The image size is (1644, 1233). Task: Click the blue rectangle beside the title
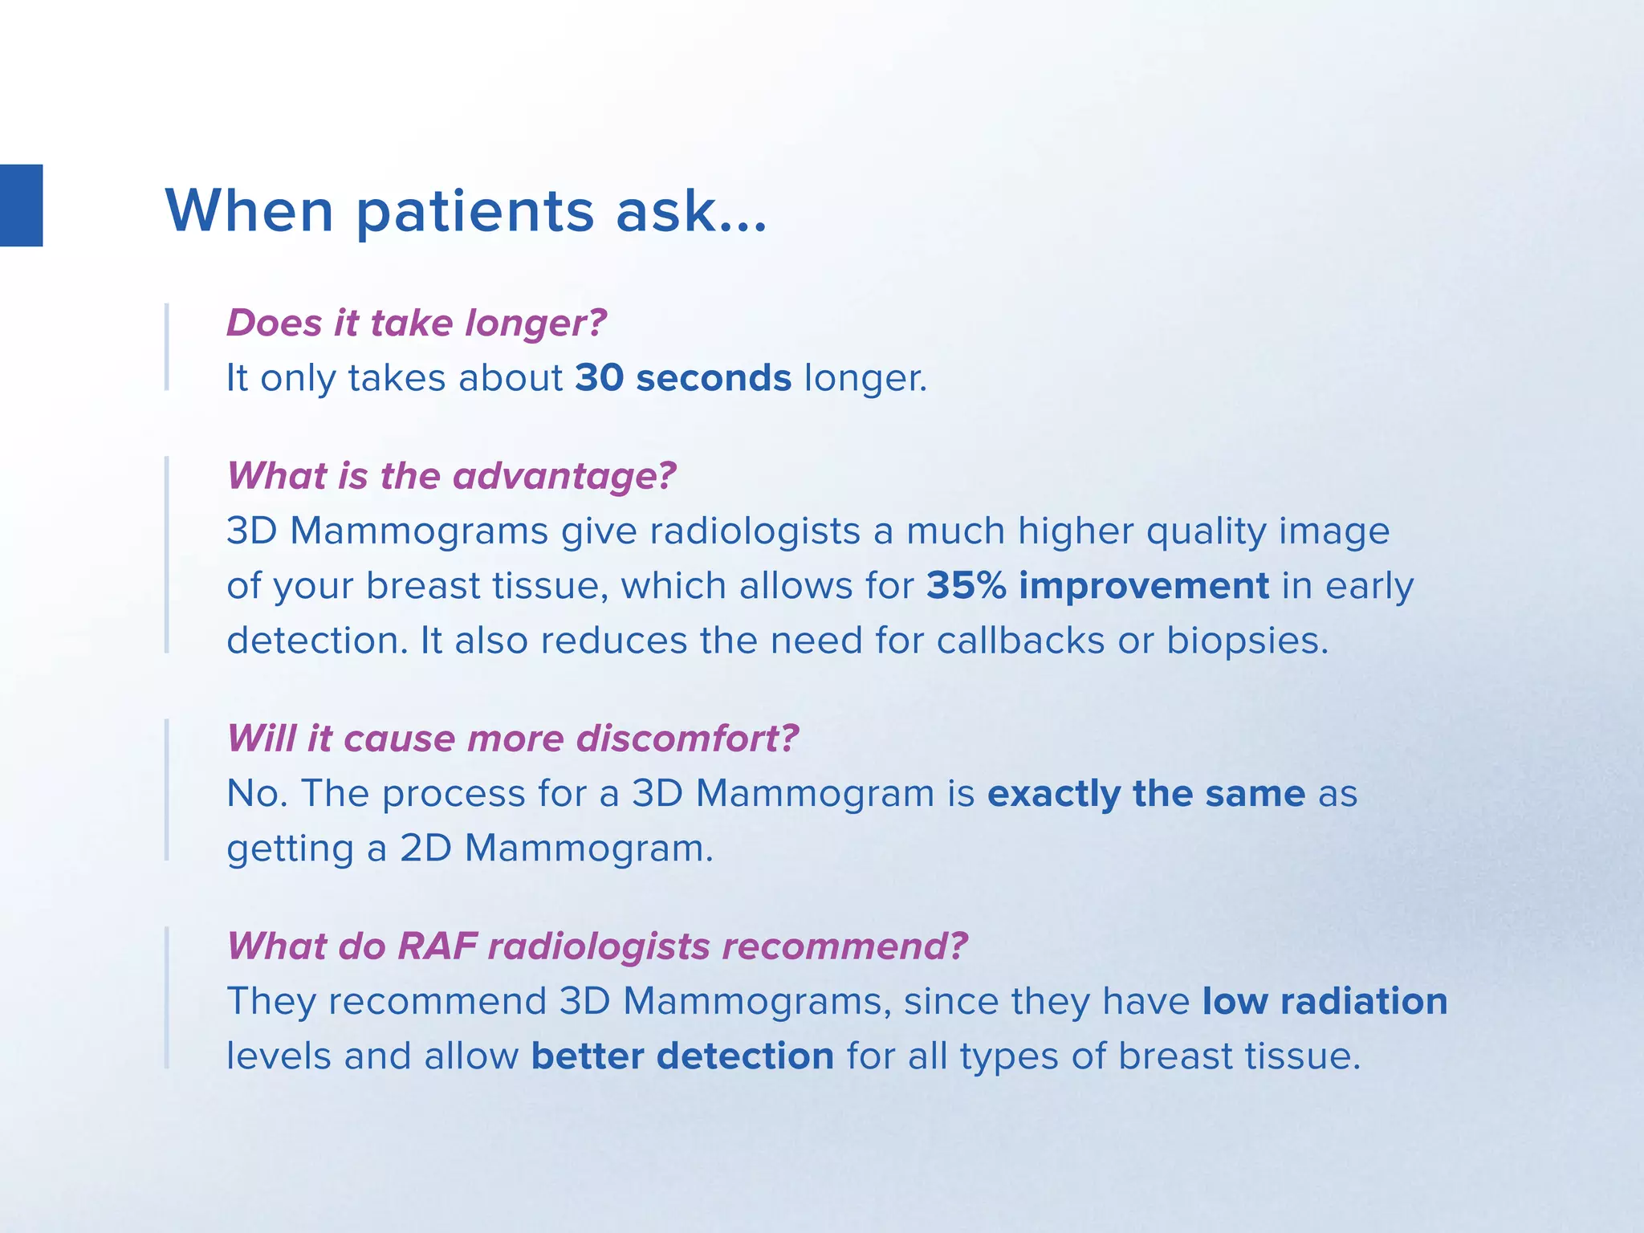click(21, 205)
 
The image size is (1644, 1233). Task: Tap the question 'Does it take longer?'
click(417, 323)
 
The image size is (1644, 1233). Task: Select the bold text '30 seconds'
click(683, 377)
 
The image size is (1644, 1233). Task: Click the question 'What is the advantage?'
click(452, 476)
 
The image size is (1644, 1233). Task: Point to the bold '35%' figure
click(966, 585)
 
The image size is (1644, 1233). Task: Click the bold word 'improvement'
click(1144, 586)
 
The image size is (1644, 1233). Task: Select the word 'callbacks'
click(1020, 641)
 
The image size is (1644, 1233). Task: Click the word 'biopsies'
click(1247, 641)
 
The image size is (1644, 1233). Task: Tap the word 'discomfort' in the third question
click(687, 739)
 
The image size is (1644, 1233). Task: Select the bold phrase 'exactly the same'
click(1146, 794)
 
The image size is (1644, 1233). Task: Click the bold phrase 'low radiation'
click(1325, 1001)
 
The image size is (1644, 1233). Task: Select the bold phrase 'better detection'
click(682, 1056)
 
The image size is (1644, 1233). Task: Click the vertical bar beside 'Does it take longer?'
click(167, 347)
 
